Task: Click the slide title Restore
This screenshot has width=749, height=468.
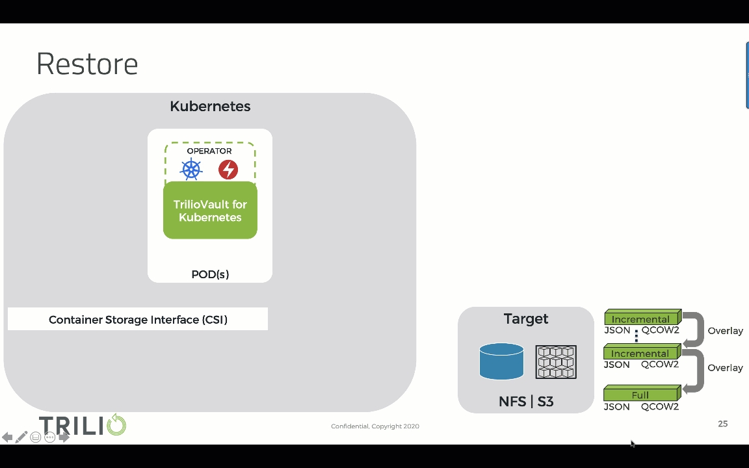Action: coord(87,64)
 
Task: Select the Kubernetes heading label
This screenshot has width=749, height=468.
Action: coord(210,106)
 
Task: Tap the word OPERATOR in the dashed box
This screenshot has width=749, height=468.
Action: coord(209,151)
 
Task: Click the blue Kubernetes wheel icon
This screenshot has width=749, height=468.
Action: coord(191,170)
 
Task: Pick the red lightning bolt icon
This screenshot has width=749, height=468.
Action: coord(228,170)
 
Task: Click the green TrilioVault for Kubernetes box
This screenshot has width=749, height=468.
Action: coord(210,211)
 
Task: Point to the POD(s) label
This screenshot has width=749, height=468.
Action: coord(210,274)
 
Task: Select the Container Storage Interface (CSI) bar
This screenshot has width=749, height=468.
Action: coord(138,319)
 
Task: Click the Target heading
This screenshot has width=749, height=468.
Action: coord(526,318)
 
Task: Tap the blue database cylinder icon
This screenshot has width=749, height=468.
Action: coord(501,361)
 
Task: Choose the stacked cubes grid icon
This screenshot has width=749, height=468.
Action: coord(556,361)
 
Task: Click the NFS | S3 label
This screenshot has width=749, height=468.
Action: coord(526,401)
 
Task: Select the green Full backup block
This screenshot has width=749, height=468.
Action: coord(640,395)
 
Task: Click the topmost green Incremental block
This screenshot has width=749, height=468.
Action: coord(640,318)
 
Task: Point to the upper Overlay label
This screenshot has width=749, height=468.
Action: coord(725,331)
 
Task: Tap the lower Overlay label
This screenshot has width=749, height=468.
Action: coord(725,368)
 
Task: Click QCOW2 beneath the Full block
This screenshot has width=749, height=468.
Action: coord(660,407)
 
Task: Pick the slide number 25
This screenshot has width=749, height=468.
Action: coord(722,424)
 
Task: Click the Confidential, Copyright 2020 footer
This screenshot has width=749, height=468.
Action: coord(375,426)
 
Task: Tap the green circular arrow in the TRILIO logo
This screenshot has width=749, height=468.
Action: coord(116,425)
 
